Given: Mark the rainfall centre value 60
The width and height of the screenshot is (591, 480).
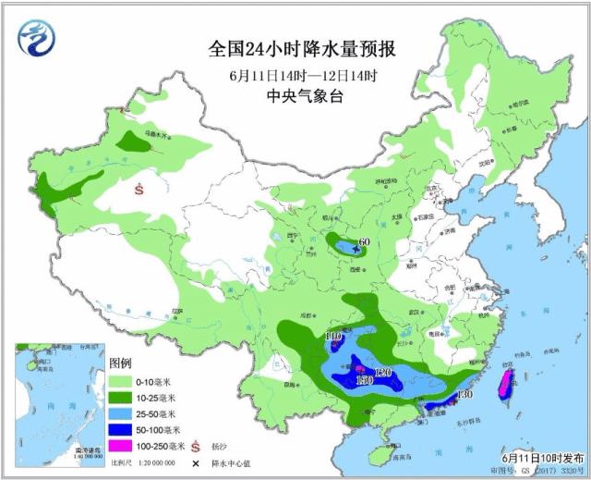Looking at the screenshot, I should coord(363,242).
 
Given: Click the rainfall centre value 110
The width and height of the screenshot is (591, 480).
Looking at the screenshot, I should coord(333,335).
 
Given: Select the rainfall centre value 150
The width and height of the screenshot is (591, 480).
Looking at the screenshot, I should coord(363,380).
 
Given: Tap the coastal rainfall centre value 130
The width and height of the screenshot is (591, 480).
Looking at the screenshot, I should coord(464,395).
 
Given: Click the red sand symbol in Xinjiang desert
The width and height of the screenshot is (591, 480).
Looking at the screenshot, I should coord(139,189).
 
